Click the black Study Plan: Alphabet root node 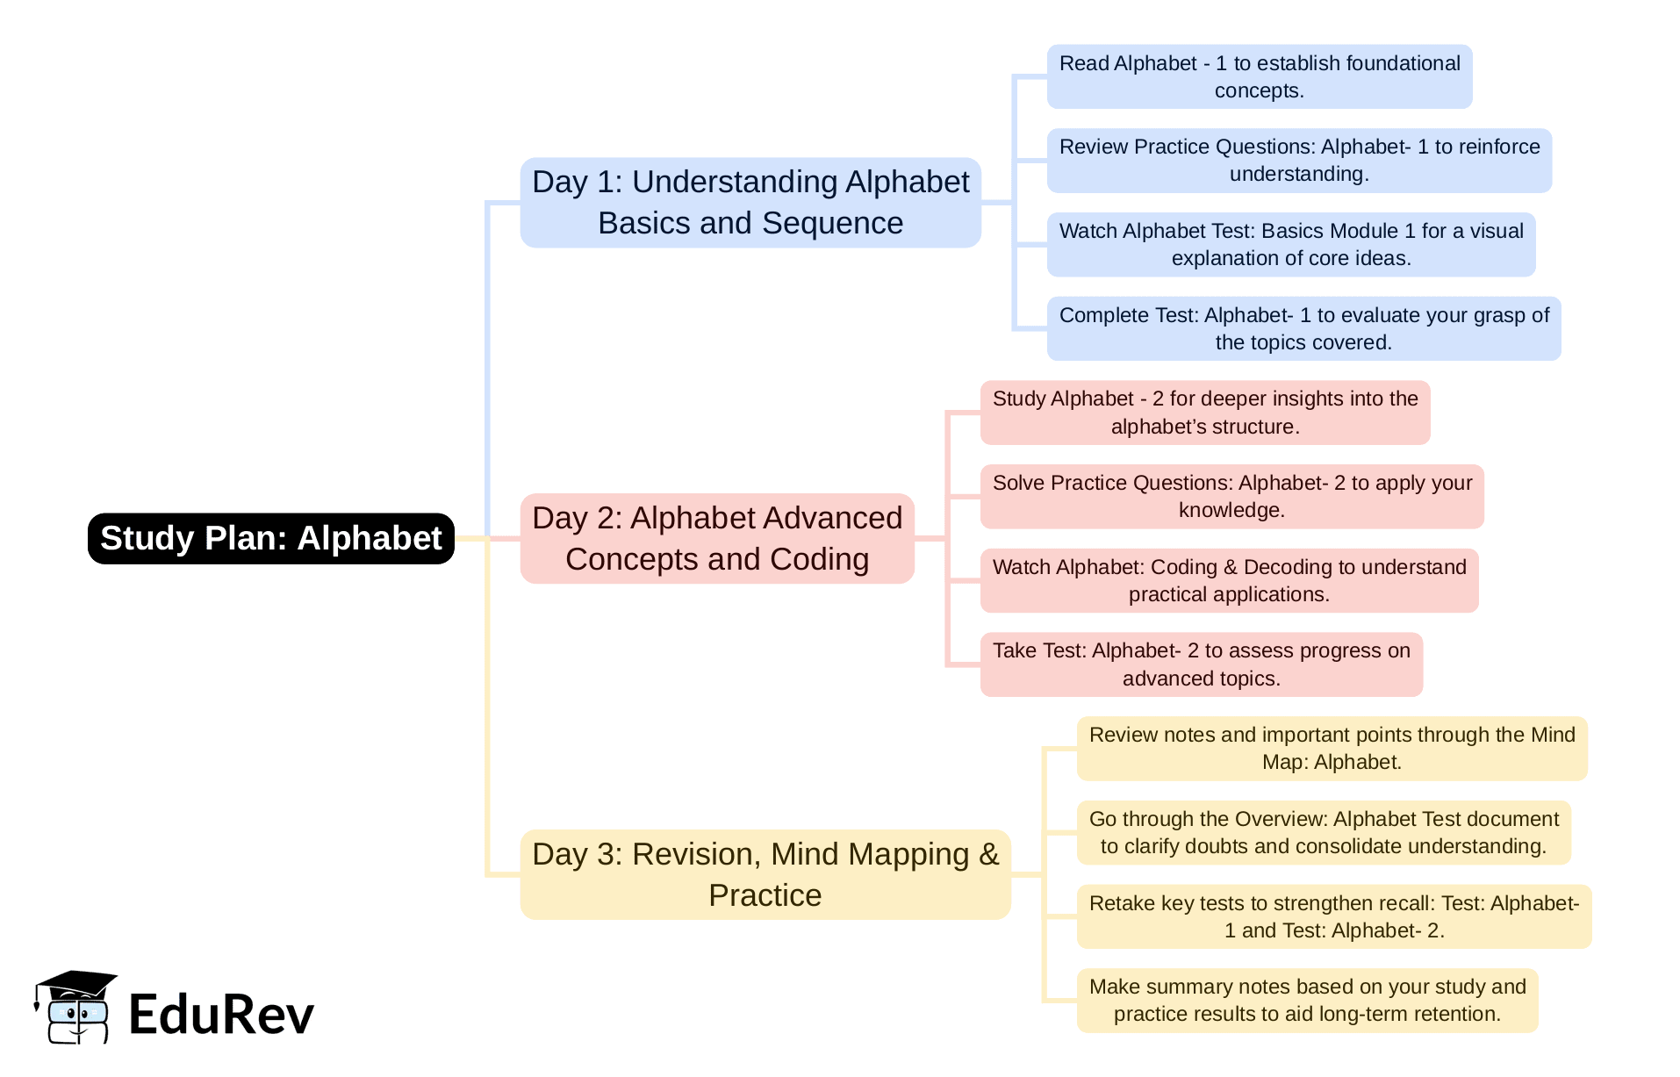(270, 538)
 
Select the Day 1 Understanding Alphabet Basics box (750, 202)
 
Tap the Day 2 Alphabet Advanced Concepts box (717, 538)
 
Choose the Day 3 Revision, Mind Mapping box (765, 874)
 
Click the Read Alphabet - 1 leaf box (1259, 76)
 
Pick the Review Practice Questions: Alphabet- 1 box (1299, 160)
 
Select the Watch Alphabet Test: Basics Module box (1290, 244)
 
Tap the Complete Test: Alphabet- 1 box (1303, 328)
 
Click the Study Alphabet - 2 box (1204, 413)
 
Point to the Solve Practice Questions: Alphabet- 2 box (1231, 496)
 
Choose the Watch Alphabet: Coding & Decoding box (1229, 580)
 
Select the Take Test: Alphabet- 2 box (1201, 664)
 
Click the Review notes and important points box (1332, 748)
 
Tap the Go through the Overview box (1323, 832)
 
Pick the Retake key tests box (1333, 916)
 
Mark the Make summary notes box (1307, 1000)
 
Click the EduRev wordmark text (221, 1015)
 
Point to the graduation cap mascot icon (75, 1007)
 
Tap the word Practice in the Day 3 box (765, 895)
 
